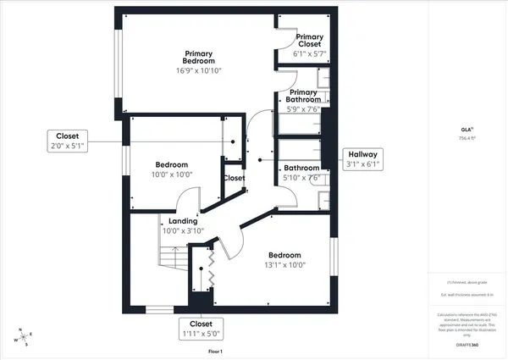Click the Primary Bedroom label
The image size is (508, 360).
[x=200, y=57]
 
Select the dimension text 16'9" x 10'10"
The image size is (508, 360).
[x=200, y=72]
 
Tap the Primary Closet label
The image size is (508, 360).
[x=310, y=42]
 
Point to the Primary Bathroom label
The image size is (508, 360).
[x=303, y=97]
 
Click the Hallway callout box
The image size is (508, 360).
[x=362, y=159]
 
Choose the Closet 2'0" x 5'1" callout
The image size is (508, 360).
[x=68, y=141]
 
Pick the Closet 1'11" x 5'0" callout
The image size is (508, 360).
[x=201, y=329]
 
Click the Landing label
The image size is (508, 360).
[x=183, y=221]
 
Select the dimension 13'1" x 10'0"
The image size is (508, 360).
[x=284, y=264]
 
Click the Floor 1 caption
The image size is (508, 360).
[x=214, y=351]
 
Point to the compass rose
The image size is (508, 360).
[x=23, y=337]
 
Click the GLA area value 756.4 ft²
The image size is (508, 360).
[x=465, y=138]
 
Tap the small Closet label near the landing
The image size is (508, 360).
[x=234, y=178]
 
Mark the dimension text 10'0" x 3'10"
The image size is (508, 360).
[x=183, y=230]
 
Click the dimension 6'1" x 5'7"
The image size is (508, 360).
[x=310, y=53]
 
